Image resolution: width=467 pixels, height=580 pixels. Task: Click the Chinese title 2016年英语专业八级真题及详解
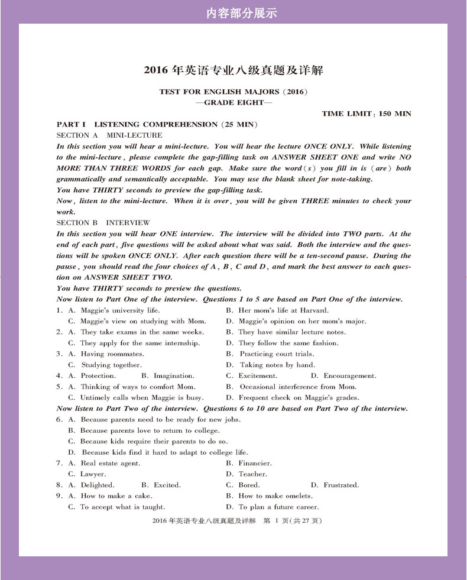(234, 71)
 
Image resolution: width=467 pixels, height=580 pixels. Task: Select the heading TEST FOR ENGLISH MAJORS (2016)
(234, 92)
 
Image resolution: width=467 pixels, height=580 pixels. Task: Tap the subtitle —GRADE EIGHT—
(234, 102)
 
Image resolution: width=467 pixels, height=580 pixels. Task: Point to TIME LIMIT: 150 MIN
(367, 114)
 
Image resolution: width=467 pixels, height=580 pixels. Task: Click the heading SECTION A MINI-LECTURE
(109, 135)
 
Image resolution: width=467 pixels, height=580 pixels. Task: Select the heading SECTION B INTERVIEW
(103, 223)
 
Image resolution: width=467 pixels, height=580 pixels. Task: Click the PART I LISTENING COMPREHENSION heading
(157, 125)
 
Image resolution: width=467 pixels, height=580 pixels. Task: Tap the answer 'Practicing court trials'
(277, 354)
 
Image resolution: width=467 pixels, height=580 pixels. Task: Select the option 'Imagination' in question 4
(173, 376)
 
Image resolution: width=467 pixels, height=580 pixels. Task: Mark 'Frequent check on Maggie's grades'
(299, 398)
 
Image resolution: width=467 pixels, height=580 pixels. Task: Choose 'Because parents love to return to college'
(149, 430)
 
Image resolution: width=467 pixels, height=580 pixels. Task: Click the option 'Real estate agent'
(111, 464)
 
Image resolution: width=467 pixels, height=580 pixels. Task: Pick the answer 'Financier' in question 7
(255, 464)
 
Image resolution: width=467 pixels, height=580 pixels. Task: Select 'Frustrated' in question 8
(341, 485)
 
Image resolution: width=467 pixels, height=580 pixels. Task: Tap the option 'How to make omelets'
(275, 496)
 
